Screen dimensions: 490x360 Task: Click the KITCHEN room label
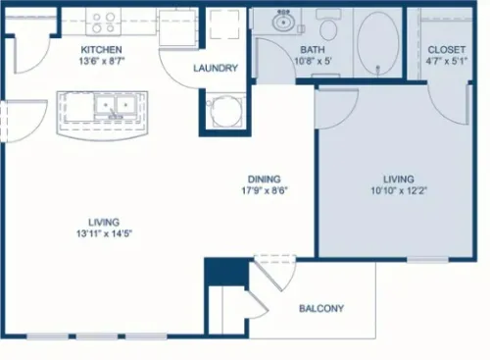click(101, 50)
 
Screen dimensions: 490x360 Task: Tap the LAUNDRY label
click(216, 68)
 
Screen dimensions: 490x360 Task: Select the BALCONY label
click(321, 308)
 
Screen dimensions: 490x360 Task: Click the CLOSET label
click(447, 50)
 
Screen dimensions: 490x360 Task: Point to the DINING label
click(265, 180)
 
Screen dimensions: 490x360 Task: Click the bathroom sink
click(283, 21)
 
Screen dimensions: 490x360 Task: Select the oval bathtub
click(378, 43)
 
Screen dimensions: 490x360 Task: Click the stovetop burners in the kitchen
click(103, 23)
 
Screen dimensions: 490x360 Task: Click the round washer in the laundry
click(225, 110)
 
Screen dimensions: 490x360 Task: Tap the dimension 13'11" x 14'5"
click(105, 233)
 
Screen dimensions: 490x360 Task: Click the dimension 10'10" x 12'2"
click(399, 190)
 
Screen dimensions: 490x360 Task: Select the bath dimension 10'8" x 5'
click(313, 61)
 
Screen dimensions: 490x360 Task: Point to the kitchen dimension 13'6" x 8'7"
click(102, 61)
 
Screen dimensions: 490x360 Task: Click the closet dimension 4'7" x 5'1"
click(447, 61)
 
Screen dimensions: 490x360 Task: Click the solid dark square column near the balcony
click(226, 272)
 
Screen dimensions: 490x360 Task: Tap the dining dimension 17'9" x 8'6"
click(265, 190)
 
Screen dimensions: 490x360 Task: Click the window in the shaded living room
click(427, 260)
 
